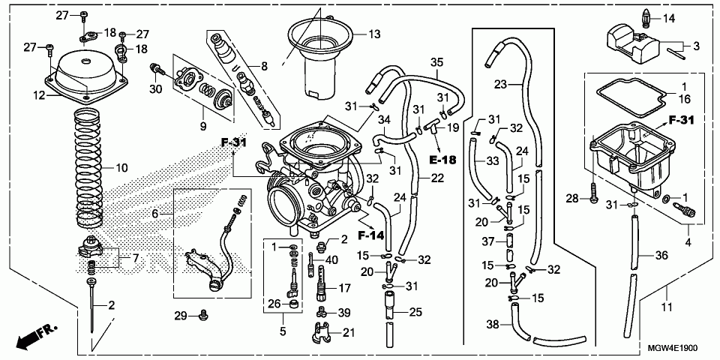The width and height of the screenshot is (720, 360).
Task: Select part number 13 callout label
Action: pos(373,34)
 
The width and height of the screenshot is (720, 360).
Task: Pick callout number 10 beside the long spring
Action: pos(155,214)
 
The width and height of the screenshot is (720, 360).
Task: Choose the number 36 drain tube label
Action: pos(661,256)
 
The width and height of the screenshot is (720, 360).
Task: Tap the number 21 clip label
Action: pos(348,333)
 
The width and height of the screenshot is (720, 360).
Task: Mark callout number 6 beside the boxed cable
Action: pos(155,214)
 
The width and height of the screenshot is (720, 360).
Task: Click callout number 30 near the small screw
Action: pos(155,89)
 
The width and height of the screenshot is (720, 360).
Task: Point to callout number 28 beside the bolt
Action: pos(571,199)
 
